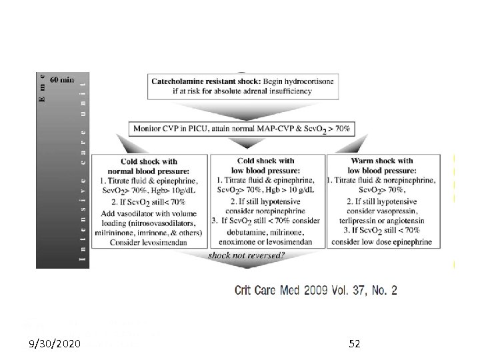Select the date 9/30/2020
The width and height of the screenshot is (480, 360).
pos(56,344)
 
